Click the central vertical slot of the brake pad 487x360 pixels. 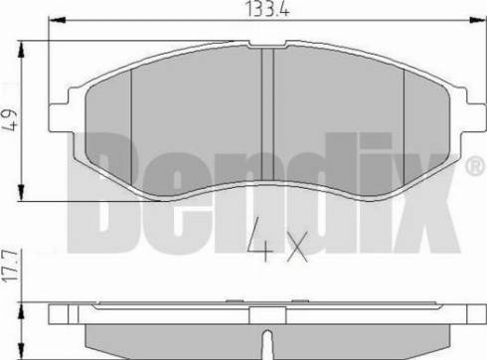(x=265, y=109)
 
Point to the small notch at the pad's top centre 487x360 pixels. (x=265, y=48)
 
